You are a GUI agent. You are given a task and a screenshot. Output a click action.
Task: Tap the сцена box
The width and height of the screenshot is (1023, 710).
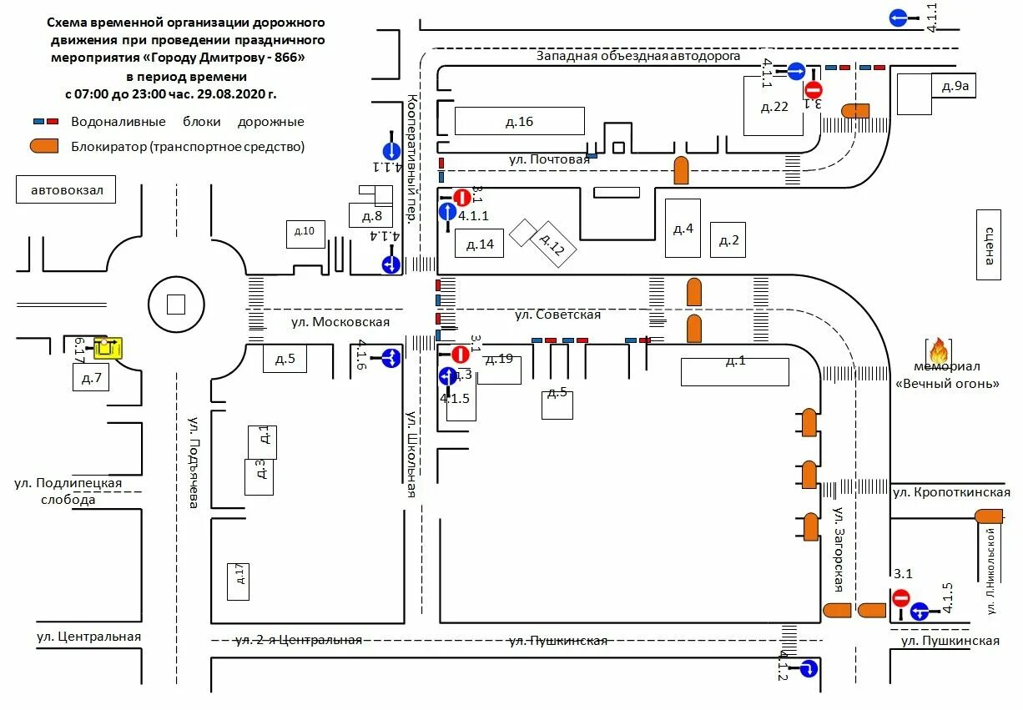tap(988, 244)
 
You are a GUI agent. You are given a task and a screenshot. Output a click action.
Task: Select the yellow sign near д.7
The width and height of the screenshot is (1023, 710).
tap(108, 345)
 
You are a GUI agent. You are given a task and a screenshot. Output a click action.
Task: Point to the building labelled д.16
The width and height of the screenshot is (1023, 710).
tap(519, 121)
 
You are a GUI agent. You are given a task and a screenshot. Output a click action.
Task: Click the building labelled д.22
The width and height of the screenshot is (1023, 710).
tap(774, 105)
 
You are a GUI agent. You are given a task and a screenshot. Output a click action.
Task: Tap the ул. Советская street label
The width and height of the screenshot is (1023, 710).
tap(557, 315)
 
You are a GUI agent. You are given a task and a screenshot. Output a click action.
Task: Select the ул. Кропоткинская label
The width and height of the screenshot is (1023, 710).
tap(951, 492)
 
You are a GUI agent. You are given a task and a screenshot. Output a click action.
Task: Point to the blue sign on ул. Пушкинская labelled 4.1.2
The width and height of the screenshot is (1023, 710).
tap(807, 668)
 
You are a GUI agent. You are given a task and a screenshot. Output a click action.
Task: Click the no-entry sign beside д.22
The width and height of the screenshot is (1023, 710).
tap(814, 90)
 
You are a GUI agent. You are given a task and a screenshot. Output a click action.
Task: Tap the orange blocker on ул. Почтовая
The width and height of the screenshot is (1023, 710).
tap(682, 170)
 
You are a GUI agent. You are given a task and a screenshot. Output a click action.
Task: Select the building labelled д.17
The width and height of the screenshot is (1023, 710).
tap(239, 581)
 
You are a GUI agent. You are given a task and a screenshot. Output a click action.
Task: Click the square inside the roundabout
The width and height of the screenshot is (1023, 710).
tap(175, 305)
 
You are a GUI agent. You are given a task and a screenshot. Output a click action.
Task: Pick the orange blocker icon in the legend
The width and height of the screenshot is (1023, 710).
tap(44, 146)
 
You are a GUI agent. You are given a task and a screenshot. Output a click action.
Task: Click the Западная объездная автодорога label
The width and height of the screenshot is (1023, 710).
tap(638, 56)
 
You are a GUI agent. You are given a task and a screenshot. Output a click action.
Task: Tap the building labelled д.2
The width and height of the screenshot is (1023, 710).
tap(728, 240)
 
